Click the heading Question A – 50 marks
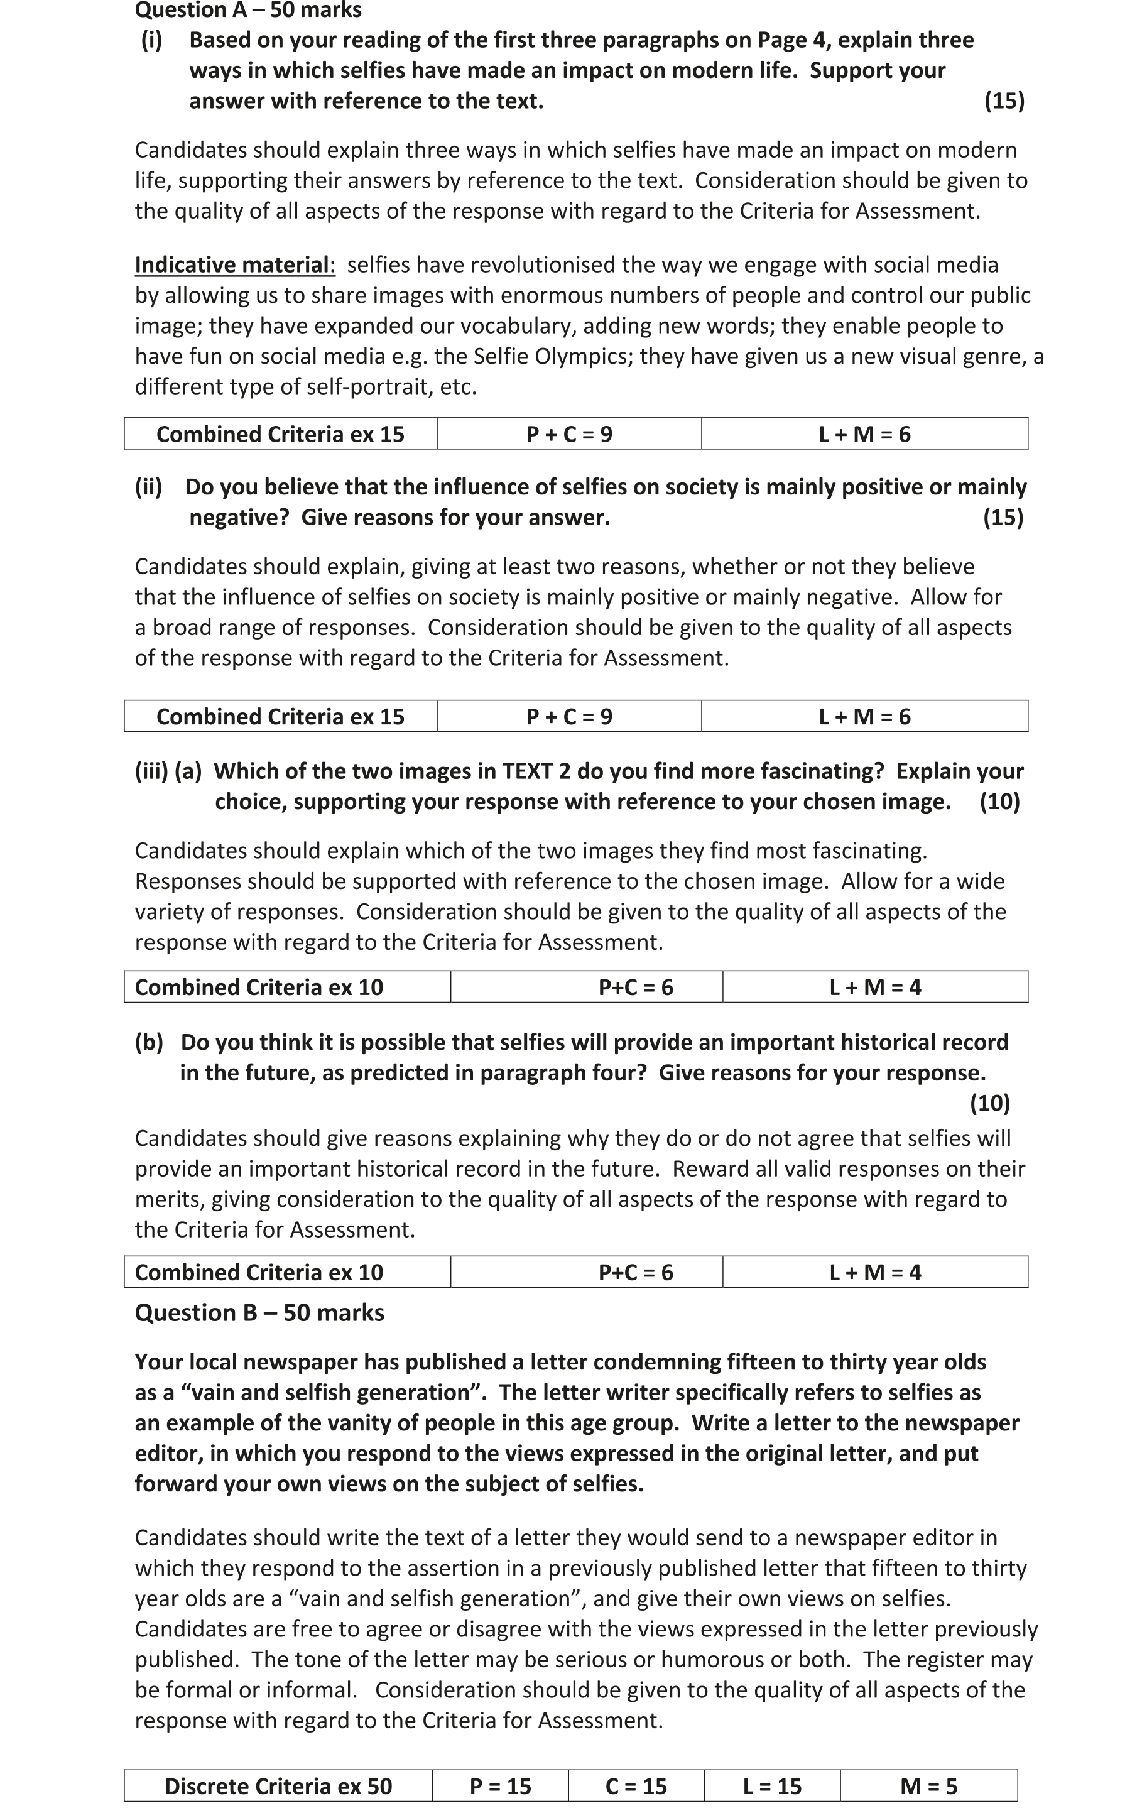[247, 11]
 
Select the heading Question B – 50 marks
[259, 1312]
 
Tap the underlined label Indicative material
[232, 265]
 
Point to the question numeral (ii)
[148, 487]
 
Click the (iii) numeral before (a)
[151, 771]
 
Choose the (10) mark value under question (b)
[989, 1103]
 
